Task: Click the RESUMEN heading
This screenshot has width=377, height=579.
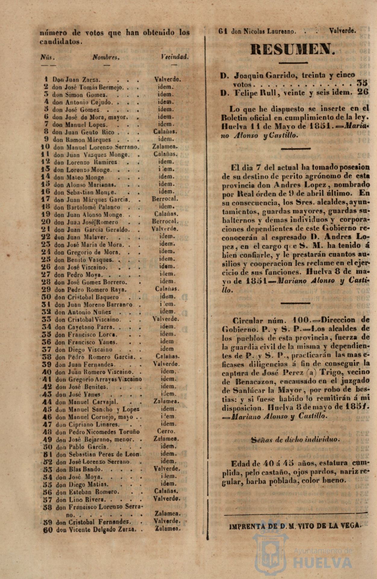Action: click(x=293, y=49)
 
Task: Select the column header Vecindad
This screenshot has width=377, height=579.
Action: click(x=175, y=57)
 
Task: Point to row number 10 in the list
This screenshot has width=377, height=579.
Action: click(x=46, y=147)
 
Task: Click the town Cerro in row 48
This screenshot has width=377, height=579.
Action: click(x=166, y=432)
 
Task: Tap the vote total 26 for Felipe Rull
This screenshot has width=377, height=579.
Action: click(x=363, y=92)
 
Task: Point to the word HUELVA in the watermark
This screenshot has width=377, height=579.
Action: click(x=323, y=563)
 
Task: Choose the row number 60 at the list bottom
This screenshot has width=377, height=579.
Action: click(x=48, y=530)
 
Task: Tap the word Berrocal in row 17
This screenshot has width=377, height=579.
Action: click(x=165, y=199)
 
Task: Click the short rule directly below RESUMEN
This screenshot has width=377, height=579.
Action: click(x=293, y=63)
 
